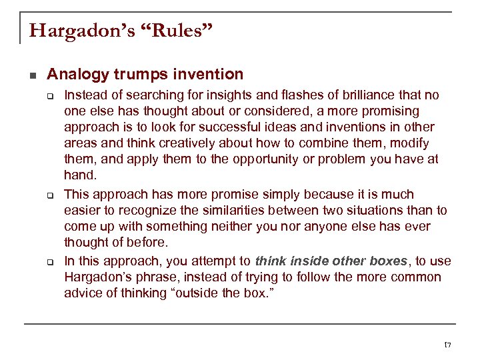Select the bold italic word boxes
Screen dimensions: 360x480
click(x=382, y=261)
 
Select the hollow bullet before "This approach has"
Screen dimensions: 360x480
click(x=50, y=195)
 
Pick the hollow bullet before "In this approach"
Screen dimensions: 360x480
click(x=50, y=261)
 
